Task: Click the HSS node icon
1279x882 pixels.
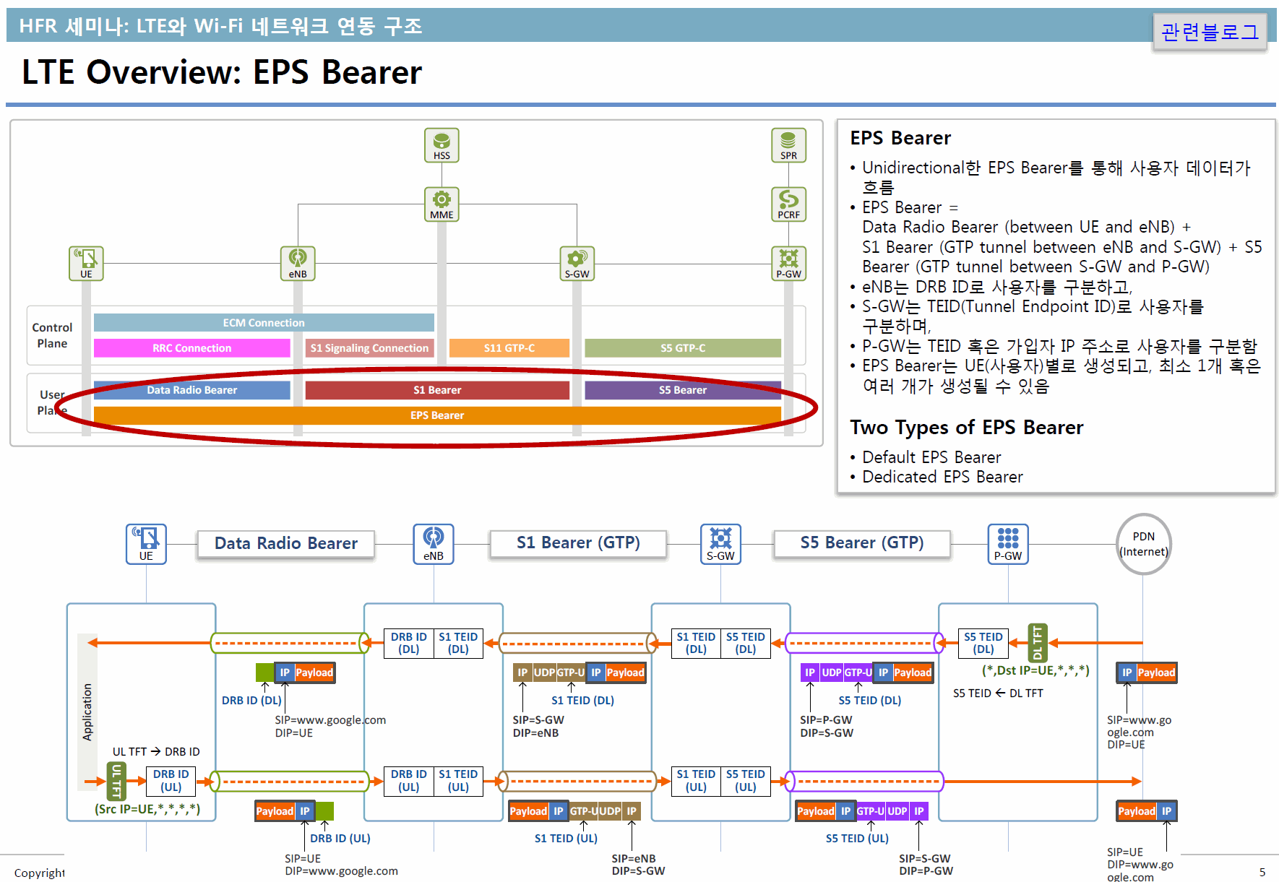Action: coord(442,145)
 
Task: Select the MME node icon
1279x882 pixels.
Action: coord(442,204)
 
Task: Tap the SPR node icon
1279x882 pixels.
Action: coord(788,145)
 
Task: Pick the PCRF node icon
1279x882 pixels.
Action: coord(788,204)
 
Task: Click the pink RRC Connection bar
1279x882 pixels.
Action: coord(192,348)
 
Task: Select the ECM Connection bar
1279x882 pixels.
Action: coord(264,322)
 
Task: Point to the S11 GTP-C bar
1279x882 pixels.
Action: coord(509,348)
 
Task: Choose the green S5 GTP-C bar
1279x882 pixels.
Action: coord(683,348)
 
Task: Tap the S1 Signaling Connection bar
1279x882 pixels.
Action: coord(369,348)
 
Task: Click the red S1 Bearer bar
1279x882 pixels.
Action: coord(437,390)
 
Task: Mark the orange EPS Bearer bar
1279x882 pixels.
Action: coord(437,415)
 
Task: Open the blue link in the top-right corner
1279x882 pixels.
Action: coord(1210,32)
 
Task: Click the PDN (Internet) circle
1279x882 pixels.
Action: coord(1144,544)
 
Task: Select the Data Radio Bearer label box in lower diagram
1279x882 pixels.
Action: coord(286,543)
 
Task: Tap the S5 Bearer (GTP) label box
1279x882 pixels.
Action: coord(862,542)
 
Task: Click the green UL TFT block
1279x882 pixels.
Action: coord(116,782)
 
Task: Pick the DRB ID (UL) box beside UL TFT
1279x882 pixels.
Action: coord(171,781)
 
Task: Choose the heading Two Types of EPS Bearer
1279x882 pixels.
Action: coord(967,428)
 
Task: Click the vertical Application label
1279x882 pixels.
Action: coord(87,712)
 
